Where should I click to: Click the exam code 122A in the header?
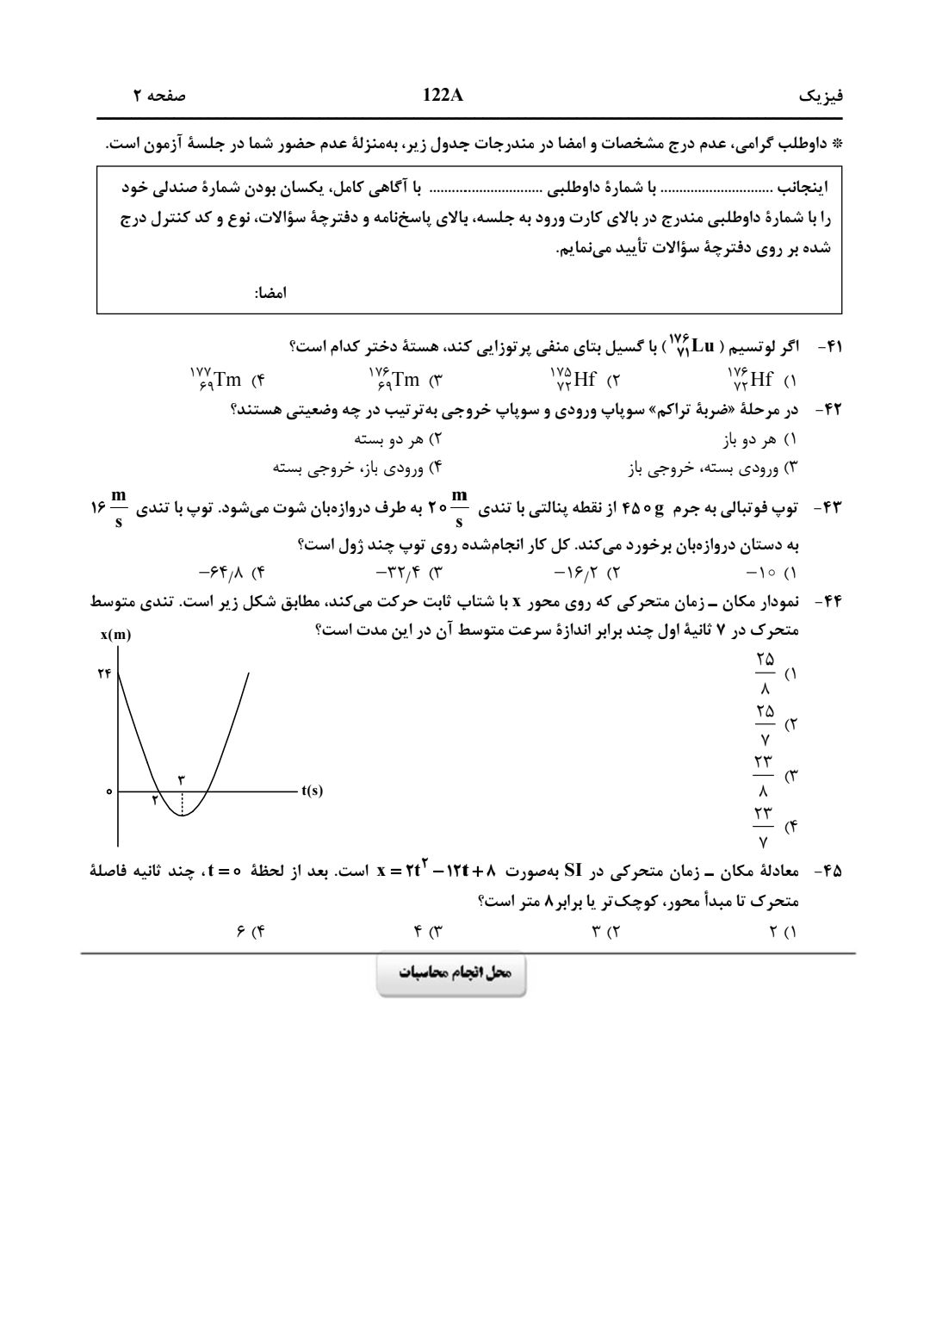tap(443, 96)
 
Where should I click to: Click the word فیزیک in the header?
tap(821, 96)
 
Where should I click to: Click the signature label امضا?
tap(270, 293)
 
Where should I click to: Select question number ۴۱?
tap(828, 346)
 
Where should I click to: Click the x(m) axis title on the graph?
tap(115, 636)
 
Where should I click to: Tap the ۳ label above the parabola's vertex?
tap(182, 778)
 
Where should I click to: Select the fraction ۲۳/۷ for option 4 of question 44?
tap(765, 826)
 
